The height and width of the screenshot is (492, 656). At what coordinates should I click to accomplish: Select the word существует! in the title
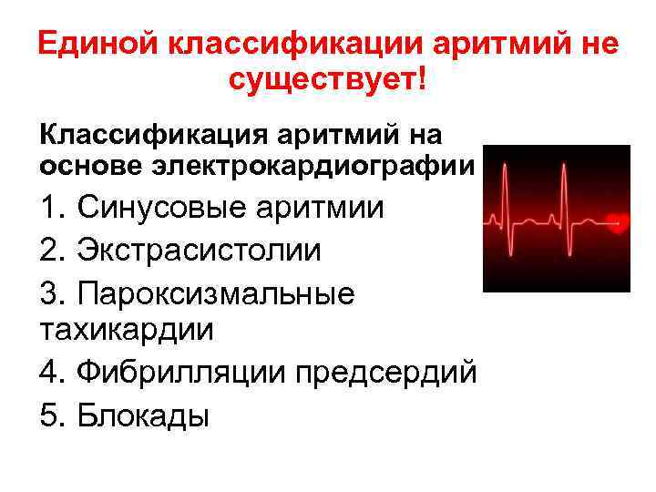coord(327,84)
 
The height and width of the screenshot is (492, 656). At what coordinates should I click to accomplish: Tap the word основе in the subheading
coord(87,166)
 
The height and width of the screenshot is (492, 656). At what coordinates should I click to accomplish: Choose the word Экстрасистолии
coord(200,250)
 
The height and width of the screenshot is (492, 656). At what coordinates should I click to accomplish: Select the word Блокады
coord(144,415)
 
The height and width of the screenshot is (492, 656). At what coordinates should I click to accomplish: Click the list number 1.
coord(49,208)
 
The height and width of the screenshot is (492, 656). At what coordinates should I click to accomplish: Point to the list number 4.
coord(50,374)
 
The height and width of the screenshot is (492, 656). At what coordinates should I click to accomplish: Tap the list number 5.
coord(50,415)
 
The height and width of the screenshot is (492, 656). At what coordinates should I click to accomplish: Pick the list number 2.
coord(50,250)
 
